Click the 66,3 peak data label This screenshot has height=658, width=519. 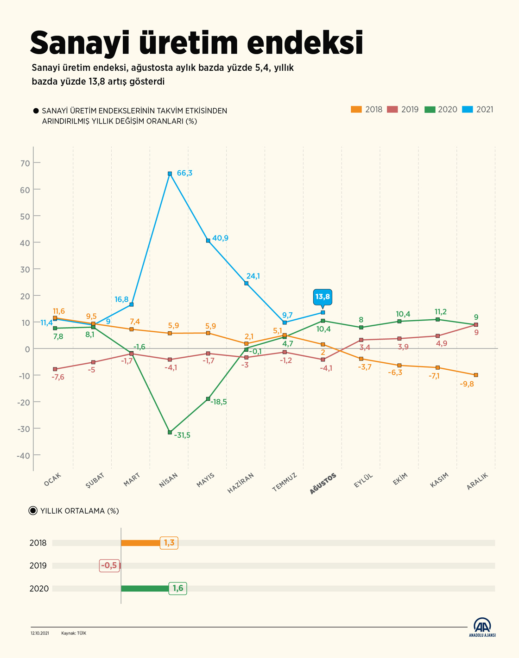pos(184,173)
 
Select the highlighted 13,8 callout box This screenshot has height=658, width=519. pos(323,297)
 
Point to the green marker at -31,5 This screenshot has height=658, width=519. pos(170,432)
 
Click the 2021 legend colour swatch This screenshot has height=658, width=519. pos(467,110)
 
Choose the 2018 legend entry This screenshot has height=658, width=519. pos(367,110)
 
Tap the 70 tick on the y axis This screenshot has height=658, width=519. pos(25,163)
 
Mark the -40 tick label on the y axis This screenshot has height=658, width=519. pos(24,456)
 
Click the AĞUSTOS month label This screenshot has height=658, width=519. pos(323,484)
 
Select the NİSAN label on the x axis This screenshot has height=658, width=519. pos(169,481)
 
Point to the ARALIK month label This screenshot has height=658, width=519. pos(477,482)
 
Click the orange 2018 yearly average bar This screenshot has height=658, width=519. pos(140,543)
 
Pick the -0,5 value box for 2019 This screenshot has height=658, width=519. pos(109,565)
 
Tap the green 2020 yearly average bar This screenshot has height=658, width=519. pos(145,589)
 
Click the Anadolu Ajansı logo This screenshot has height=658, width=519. pos(482,627)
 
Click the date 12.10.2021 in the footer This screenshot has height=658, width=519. pos(40,633)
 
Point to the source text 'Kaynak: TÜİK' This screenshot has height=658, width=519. pos(74,633)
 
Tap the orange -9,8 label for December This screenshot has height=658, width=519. pos(467,384)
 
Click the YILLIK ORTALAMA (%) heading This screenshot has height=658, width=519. pos(79,511)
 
